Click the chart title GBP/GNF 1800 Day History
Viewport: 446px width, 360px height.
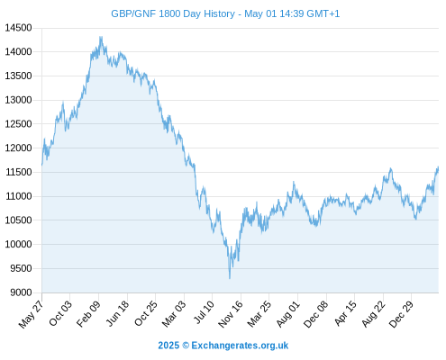173,13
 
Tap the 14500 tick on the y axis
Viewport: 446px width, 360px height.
18,28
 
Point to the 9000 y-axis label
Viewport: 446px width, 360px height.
21,292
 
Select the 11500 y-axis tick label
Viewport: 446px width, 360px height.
19,172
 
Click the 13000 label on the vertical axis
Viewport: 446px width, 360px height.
18,100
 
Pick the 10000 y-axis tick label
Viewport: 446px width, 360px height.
18,244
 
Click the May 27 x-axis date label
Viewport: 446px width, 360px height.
32,314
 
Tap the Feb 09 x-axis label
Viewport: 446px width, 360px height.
88,314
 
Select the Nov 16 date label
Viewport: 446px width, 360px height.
231,314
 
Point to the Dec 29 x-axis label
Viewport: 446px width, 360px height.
401,314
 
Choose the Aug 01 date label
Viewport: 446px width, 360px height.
288,314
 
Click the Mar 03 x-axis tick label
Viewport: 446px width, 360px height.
174,314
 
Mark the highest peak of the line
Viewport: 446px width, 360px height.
101,37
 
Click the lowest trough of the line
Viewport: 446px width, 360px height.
230,279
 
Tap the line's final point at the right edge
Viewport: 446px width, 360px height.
438,167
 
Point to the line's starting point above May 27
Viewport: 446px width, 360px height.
41,165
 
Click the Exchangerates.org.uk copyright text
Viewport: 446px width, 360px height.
223,346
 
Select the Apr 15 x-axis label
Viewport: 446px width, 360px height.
346,314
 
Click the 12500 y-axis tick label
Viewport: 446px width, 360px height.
18,124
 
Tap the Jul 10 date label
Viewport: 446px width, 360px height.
204,312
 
